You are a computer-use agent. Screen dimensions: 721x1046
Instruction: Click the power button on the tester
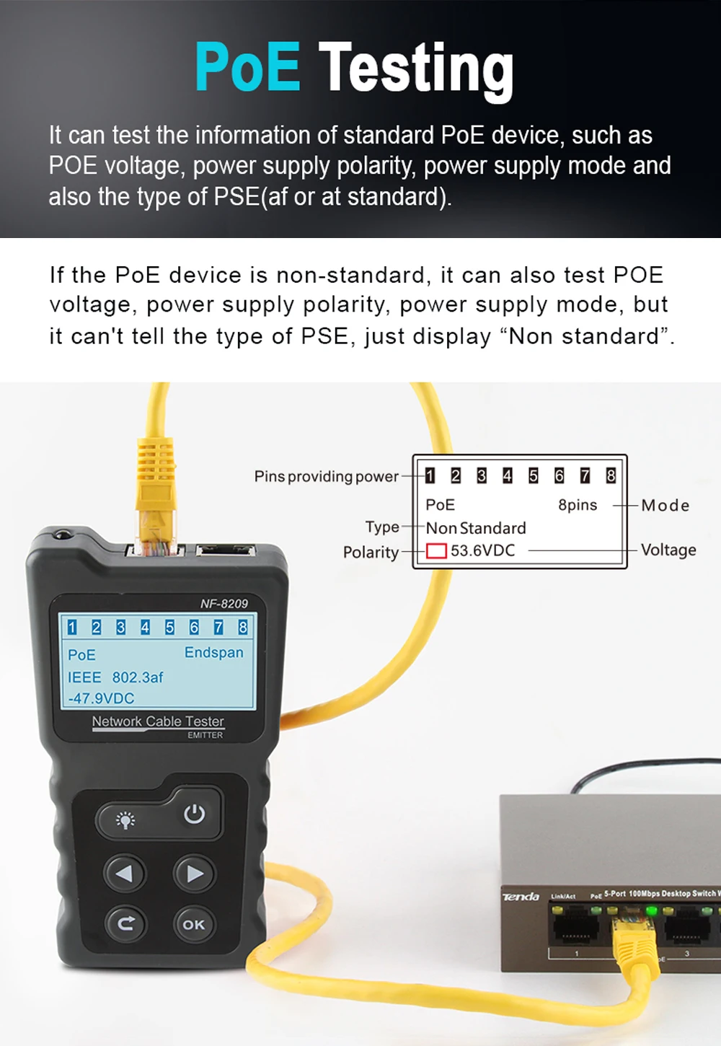[195, 814]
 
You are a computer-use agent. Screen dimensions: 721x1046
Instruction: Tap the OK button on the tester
[194, 924]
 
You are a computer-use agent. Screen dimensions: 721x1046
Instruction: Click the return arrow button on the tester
[125, 923]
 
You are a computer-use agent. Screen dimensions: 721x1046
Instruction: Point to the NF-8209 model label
[224, 603]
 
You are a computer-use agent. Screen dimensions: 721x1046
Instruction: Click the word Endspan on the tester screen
[213, 652]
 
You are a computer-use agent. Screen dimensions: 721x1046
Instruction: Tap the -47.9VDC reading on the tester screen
[101, 698]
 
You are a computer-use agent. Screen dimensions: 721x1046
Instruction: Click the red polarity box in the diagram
[436, 550]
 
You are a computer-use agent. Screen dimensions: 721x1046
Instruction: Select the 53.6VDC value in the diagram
[482, 550]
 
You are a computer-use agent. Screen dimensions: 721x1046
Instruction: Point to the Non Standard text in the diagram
[476, 528]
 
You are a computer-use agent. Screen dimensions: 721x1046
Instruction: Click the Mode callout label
[665, 505]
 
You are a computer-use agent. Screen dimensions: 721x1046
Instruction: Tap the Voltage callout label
[668, 550]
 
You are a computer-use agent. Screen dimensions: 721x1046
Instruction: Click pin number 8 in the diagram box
[611, 476]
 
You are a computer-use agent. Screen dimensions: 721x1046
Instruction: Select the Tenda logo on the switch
[521, 897]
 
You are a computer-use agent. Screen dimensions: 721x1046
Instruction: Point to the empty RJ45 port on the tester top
[226, 551]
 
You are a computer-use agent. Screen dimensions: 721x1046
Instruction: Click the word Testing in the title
[416, 71]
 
